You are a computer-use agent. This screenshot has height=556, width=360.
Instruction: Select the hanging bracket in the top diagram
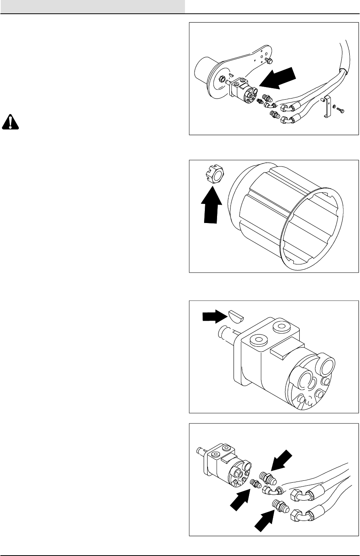[x=327, y=108]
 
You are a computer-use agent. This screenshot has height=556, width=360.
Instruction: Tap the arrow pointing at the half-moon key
[x=213, y=315]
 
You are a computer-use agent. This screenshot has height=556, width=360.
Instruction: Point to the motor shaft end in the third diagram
[x=224, y=331]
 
